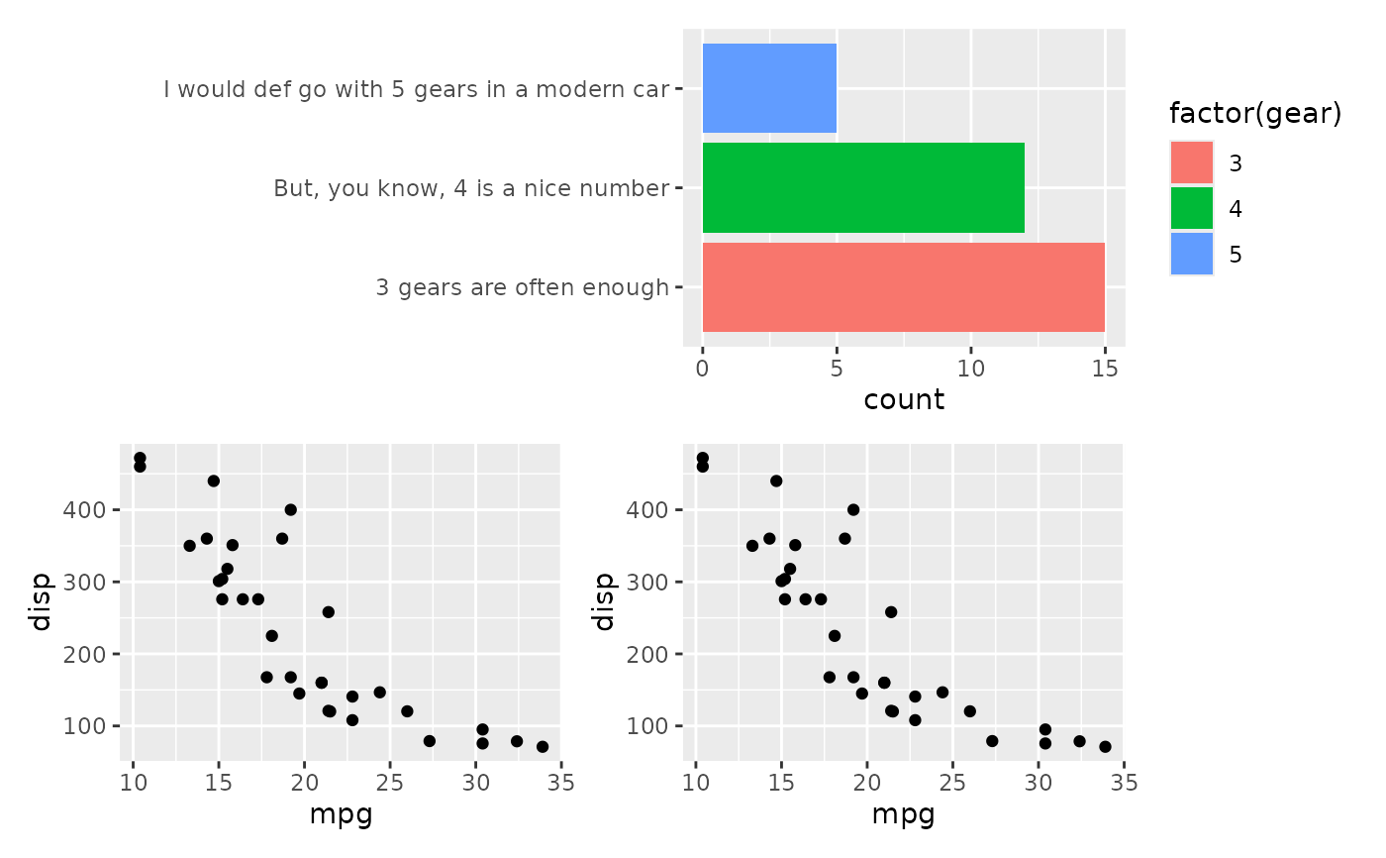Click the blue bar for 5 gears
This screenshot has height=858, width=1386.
click(769, 88)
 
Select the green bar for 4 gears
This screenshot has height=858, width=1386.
click(863, 187)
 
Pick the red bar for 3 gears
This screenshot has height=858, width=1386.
click(903, 287)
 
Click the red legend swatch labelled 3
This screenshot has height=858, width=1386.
click(1191, 162)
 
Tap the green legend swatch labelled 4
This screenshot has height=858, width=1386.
click(1191, 208)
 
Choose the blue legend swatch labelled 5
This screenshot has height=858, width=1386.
click(1191, 254)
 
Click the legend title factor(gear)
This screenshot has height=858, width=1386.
click(1254, 114)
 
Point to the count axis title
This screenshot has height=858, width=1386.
click(904, 400)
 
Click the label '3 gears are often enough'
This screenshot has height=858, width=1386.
click(522, 288)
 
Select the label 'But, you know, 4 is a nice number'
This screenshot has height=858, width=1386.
click(471, 188)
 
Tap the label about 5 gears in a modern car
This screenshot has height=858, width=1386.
click(417, 89)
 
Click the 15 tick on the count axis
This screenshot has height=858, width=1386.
click(1105, 369)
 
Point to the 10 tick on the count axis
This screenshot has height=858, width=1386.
click(971, 369)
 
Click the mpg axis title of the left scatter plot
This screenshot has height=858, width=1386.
click(341, 815)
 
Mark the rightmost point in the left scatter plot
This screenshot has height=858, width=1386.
click(543, 747)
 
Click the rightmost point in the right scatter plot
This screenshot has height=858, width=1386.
click(1105, 747)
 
